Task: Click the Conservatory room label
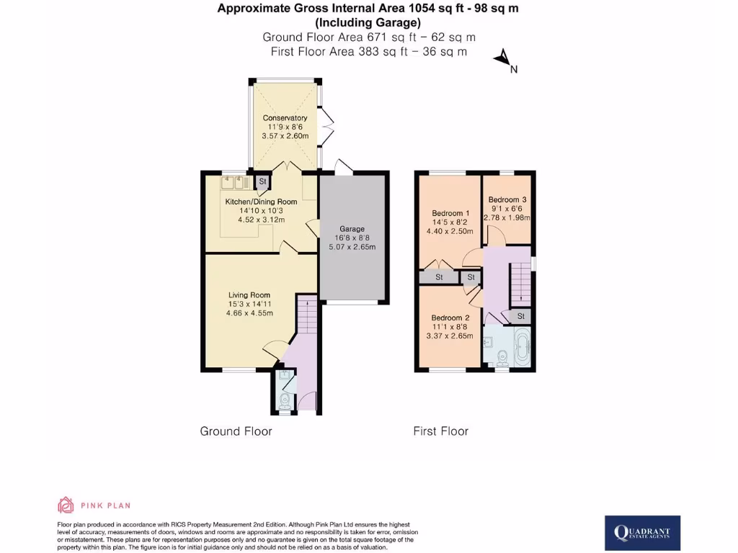point(285,118)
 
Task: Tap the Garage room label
point(352,229)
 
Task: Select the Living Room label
point(249,295)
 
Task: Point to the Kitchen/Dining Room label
point(261,202)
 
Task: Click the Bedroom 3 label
point(507,199)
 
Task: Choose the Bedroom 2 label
point(450,318)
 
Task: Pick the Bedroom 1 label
point(451,213)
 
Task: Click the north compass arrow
point(502,58)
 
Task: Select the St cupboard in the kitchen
point(262,181)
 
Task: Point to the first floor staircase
point(520,282)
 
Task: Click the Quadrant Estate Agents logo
point(642,533)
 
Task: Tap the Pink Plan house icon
point(66,505)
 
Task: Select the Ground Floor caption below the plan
point(236,431)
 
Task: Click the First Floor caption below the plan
point(441,431)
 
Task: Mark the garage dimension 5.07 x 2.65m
point(352,247)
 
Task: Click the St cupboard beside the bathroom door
point(520,316)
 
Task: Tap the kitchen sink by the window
point(234,182)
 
